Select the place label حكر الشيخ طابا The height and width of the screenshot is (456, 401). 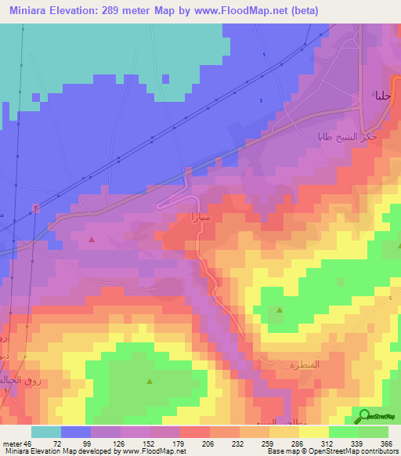click(335, 135)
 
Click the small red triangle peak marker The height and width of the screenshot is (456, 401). click(92, 240)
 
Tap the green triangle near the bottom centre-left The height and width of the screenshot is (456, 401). click(149, 382)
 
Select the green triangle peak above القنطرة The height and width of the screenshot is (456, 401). click(280, 310)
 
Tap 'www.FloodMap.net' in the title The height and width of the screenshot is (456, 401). click(266, 9)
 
